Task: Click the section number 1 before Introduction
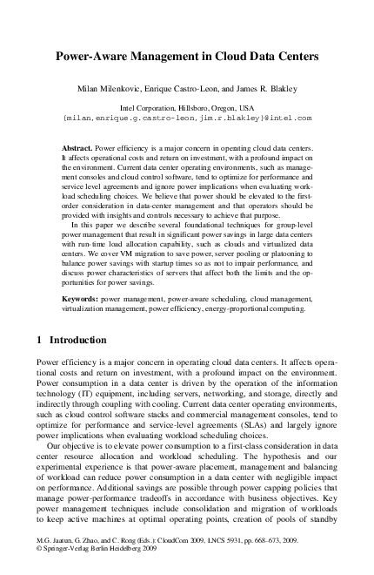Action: (x=39, y=340)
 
